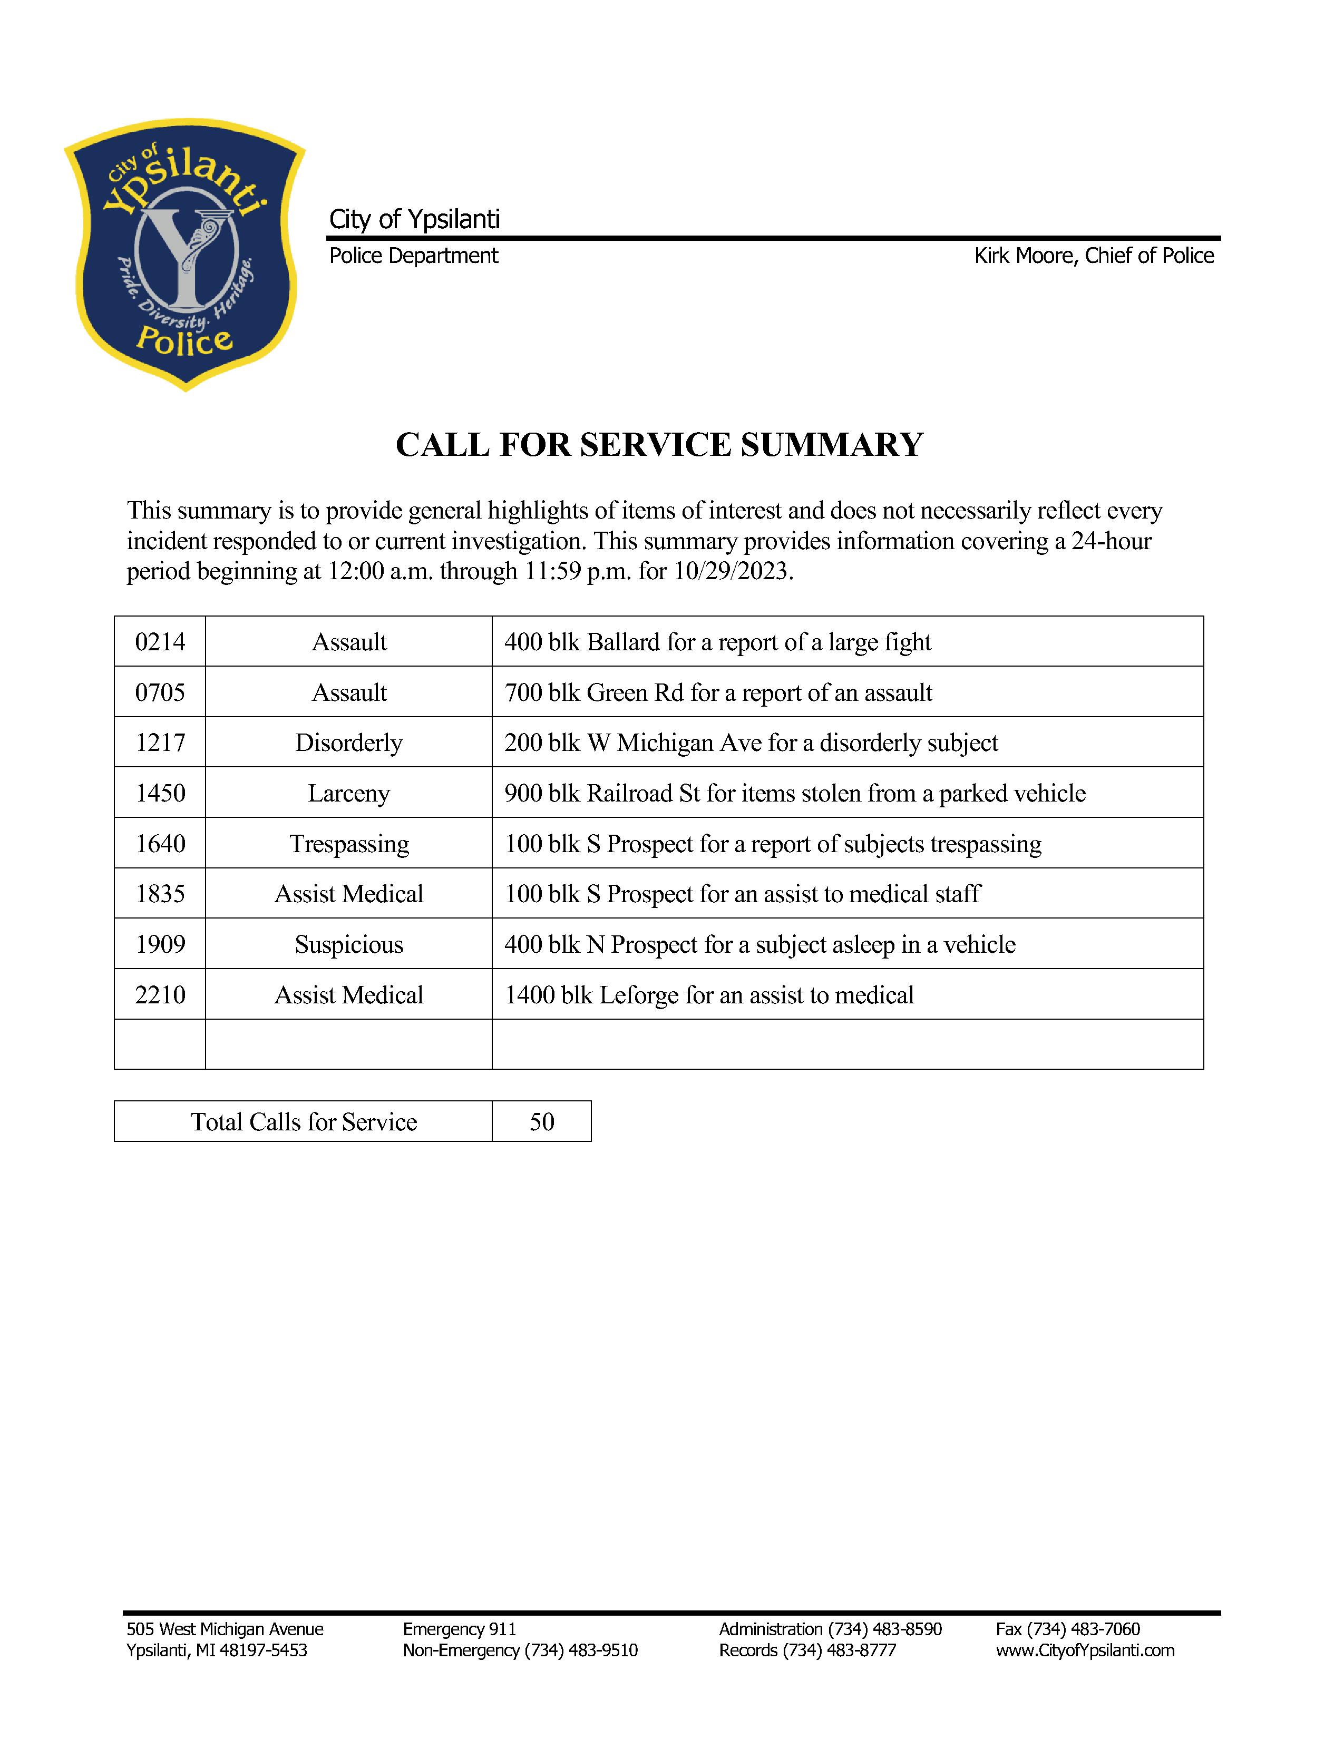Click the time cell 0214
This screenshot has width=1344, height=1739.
[x=160, y=642]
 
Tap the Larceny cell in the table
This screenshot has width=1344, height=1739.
[x=349, y=793]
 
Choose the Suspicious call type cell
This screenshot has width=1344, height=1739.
[x=349, y=944]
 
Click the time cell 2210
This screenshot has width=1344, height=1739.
[x=160, y=994]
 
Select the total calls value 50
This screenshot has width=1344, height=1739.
[x=541, y=1122]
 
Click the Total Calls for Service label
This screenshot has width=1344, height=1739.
[x=304, y=1122]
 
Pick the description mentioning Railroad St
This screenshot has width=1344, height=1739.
[x=795, y=793]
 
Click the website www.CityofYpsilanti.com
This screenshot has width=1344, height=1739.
[x=1085, y=1650]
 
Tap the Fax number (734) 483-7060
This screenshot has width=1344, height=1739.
[x=1068, y=1629]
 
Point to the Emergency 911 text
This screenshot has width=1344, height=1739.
[x=460, y=1629]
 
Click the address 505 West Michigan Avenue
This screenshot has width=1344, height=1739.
[x=225, y=1629]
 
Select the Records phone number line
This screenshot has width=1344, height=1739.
[x=807, y=1650]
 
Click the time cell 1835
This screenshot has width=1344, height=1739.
[x=160, y=893]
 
